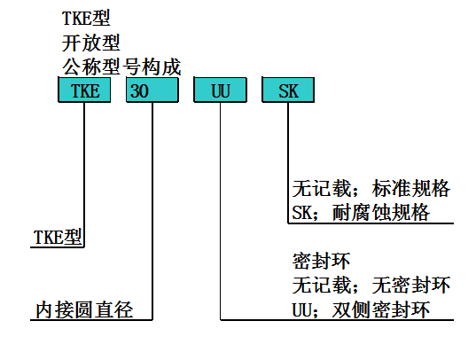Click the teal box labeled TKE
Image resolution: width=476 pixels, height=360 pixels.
tap(84, 90)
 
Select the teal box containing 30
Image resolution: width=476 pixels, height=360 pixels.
tap(152, 90)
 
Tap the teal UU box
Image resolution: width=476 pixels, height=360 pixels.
tap(221, 90)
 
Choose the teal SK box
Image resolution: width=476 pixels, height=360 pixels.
tap(288, 90)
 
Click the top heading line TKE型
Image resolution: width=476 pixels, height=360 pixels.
tap(86, 19)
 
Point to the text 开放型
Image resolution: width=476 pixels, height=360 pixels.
tap(90, 43)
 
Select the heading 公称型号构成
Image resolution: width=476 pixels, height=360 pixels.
tap(121, 67)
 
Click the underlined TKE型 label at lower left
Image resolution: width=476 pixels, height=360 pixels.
tap(58, 237)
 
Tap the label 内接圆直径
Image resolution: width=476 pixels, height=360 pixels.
tap(84, 309)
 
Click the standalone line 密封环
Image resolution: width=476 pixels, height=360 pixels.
tap(321, 261)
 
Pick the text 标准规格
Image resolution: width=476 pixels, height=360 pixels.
tap(410, 188)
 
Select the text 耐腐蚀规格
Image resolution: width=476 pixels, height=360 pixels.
tap(381, 212)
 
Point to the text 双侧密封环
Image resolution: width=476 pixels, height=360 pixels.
tap(381, 309)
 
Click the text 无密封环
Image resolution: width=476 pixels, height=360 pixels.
tap(410, 286)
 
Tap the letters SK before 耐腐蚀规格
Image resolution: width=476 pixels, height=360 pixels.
tap(301, 212)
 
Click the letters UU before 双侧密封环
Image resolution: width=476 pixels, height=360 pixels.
tap(301, 310)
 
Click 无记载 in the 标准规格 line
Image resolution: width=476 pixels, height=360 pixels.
tap(321, 188)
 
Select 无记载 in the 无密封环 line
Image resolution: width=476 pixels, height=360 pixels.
tap(321, 286)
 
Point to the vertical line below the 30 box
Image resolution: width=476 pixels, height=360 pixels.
tap(152, 211)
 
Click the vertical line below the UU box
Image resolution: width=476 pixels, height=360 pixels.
tap(221, 211)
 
